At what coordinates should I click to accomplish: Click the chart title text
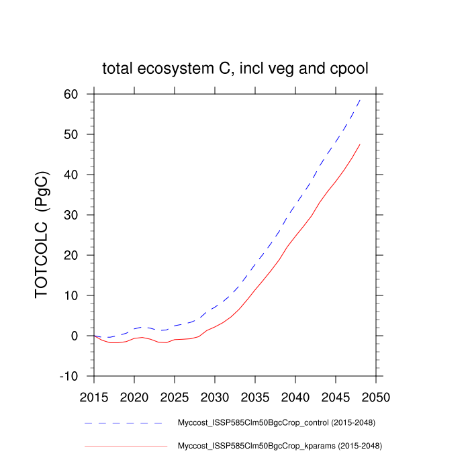[x=235, y=68]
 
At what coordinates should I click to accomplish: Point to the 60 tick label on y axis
[x=79, y=95]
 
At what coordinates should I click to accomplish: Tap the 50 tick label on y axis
[x=79, y=135]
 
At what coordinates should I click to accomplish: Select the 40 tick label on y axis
[x=79, y=175]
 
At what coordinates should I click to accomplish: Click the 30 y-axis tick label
[x=79, y=216]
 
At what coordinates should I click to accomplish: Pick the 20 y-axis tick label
[x=79, y=256]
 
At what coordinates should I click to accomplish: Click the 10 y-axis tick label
[x=79, y=296]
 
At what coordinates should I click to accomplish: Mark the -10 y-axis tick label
[x=76, y=377]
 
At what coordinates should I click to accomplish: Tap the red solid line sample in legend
[x=126, y=445]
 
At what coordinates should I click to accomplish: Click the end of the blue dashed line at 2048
[x=360, y=99]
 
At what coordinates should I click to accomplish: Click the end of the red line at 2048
[x=360, y=144]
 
